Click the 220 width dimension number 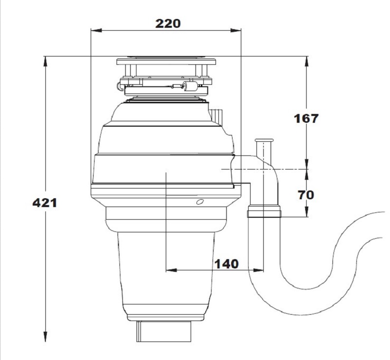[168, 23]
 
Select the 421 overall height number [45, 203]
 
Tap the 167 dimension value [306, 118]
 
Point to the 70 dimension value [306, 195]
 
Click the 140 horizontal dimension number [227, 264]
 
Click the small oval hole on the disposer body [200, 202]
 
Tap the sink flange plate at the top [166, 61]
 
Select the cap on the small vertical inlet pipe [264, 140]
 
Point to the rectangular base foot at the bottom [164, 331]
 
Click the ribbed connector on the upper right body [216, 116]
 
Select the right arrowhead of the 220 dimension [235, 30]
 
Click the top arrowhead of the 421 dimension [45, 62]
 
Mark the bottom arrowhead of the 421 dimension [45, 337]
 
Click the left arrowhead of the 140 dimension [172, 270]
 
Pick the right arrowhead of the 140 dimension [258, 270]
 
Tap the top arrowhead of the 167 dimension [307, 62]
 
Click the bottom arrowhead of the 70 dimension [307, 211]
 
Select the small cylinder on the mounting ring [190, 86]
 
